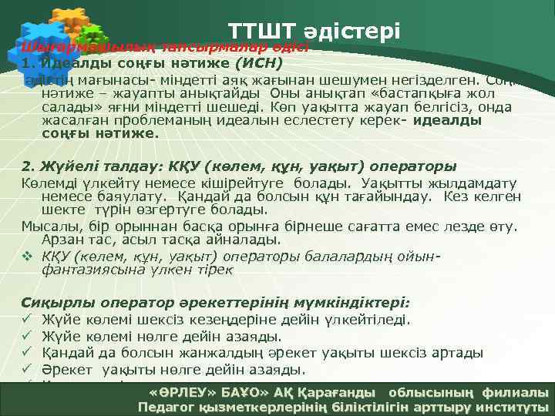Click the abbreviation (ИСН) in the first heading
coord(259,62)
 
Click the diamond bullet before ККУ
coord(27,256)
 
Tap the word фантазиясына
coord(93,270)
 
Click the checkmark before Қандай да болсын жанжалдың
coord(27,353)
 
